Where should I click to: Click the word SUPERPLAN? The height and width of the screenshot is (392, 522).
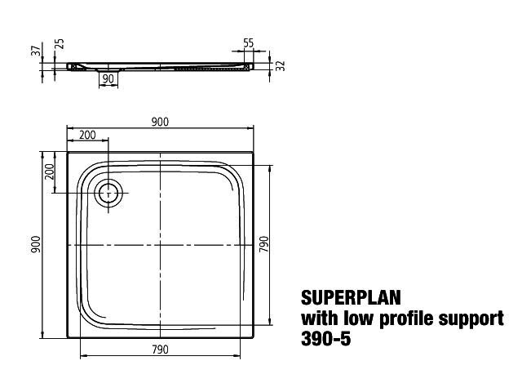351,297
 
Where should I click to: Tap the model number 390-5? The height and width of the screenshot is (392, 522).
326,339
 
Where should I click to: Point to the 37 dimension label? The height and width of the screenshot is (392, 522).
38,50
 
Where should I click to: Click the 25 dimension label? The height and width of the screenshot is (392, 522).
60,44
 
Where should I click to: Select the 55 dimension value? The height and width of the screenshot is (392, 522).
248,43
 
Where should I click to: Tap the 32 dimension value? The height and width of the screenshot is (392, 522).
281,65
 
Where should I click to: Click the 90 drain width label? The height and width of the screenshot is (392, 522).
108,79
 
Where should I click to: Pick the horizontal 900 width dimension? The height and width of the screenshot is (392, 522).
160,122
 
